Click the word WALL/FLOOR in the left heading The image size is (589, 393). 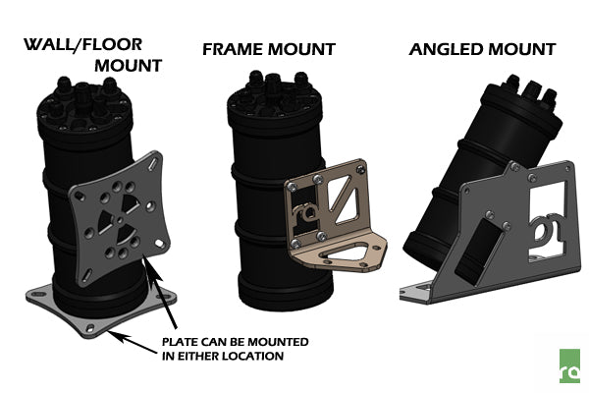click(81, 45)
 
